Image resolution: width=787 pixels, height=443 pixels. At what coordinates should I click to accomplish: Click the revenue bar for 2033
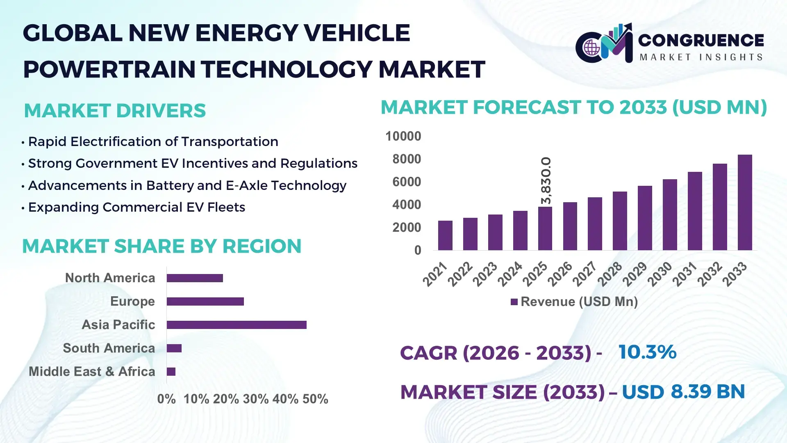(x=745, y=203)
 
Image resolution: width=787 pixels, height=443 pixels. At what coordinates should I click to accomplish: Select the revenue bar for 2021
(x=445, y=235)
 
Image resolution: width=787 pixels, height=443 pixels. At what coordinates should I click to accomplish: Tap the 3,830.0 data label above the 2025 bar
(x=546, y=180)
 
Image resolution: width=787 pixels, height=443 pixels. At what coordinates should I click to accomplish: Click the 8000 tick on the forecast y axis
(x=406, y=159)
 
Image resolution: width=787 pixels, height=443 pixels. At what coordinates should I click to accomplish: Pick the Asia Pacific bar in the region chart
(x=237, y=325)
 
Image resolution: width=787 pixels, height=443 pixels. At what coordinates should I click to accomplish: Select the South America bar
(x=174, y=348)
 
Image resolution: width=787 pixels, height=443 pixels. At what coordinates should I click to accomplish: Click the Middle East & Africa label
(x=92, y=372)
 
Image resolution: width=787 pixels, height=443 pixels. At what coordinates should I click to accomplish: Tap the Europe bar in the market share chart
(x=205, y=301)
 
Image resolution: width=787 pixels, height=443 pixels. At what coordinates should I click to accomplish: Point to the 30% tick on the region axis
(x=256, y=399)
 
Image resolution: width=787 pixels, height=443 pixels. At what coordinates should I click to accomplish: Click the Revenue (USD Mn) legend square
(x=514, y=302)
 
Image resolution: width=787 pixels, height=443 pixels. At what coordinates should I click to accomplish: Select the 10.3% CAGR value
(x=647, y=352)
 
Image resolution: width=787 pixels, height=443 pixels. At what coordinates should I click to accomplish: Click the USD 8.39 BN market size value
(x=683, y=392)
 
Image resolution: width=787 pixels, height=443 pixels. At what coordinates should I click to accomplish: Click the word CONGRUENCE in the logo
(x=701, y=40)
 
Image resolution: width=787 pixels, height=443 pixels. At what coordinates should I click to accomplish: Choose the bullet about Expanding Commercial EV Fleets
(x=136, y=207)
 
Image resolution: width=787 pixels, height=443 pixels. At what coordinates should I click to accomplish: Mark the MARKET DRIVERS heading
(x=115, y=111)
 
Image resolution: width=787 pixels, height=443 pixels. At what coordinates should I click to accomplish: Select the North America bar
(x=195, y=278)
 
